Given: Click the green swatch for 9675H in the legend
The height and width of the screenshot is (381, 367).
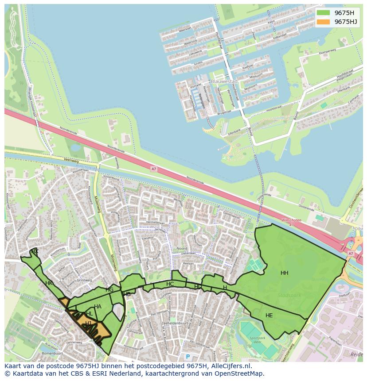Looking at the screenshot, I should point(324,13).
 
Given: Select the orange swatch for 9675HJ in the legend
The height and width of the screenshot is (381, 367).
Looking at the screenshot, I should point(324,22).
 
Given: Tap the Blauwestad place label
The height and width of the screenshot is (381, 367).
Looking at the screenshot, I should point(224,82).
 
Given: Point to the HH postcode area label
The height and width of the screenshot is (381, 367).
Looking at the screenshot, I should point(285,273).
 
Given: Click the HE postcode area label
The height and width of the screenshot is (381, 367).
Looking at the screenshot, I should point(269,316).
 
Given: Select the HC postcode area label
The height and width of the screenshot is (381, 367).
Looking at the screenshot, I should point(170,284).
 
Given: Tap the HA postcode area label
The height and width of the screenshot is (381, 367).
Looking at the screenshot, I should point(98,307).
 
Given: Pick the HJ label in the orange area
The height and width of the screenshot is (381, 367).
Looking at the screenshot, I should point(88,323).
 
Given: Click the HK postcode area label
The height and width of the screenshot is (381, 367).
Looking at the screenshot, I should point(49,283).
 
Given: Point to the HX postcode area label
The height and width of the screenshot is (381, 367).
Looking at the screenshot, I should point(35,251).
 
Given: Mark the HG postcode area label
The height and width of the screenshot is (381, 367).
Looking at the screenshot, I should point(109,290).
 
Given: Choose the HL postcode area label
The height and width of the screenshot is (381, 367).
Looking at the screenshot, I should point(89,314).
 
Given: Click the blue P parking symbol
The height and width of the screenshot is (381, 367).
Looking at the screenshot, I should point(187,357).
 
